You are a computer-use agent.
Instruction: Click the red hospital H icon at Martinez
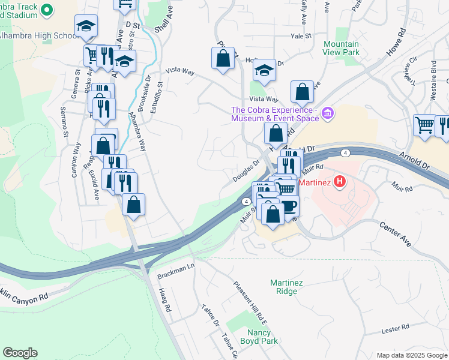click(340, 181)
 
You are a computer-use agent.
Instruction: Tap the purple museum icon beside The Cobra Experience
click(327, 113)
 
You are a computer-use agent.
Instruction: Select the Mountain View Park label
click(341, 49)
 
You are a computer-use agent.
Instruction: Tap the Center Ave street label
click(394, 234)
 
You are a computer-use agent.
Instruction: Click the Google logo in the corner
click(20, 353)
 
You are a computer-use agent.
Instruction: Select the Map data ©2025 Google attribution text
click(412, 355)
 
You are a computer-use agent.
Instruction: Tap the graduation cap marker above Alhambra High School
click(86, 26)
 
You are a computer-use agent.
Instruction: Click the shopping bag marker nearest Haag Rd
click(133, 204)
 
